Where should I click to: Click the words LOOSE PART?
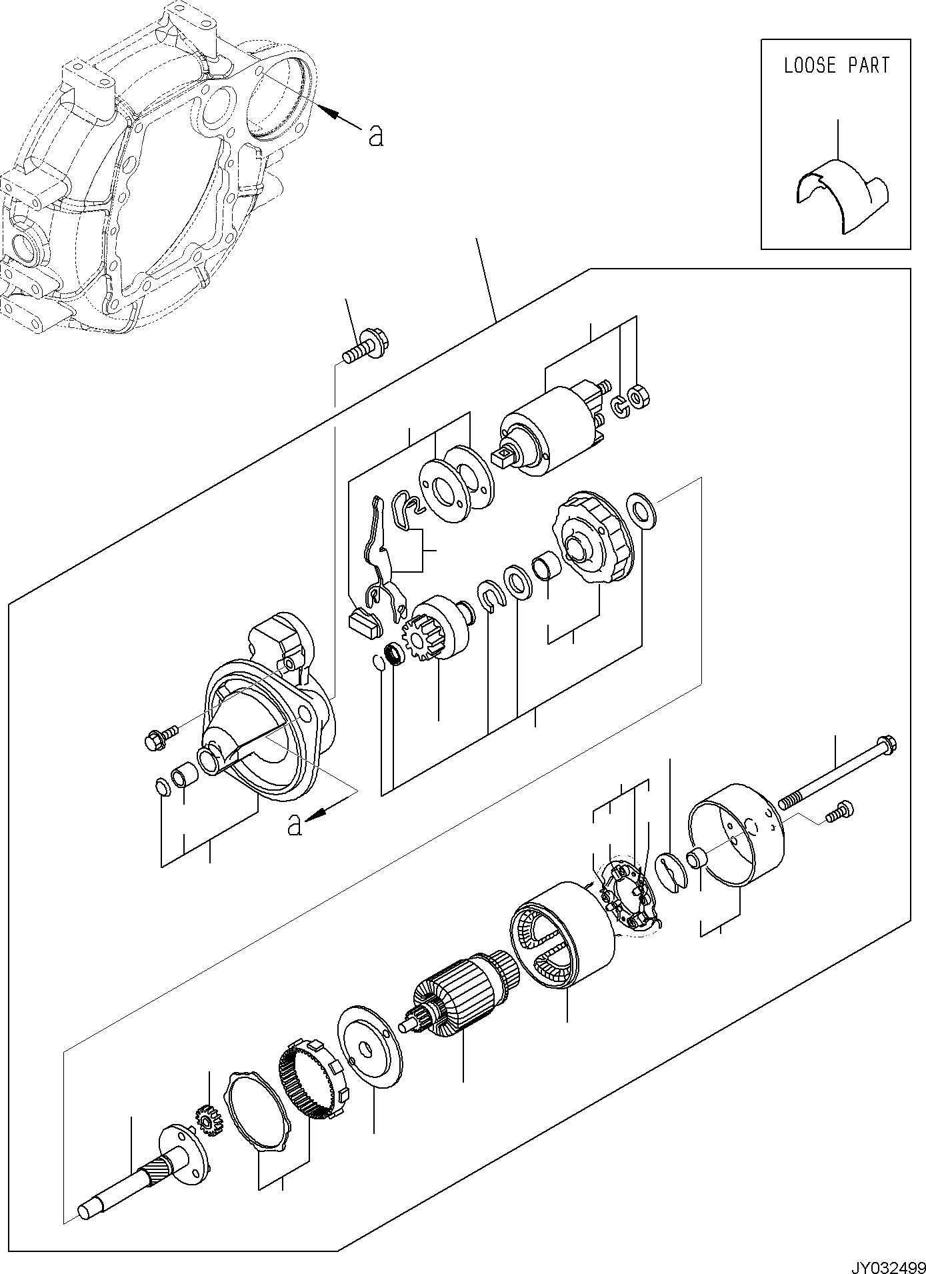coord(836,65)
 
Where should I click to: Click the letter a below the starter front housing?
coord(293,825)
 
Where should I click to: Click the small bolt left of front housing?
coord(159,738)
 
